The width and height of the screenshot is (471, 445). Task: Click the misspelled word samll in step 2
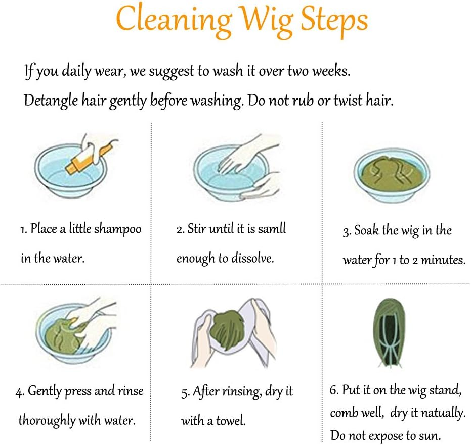[272, 228]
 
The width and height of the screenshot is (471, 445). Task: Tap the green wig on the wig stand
[390, 333]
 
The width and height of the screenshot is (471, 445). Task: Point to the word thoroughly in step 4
[47, 420]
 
